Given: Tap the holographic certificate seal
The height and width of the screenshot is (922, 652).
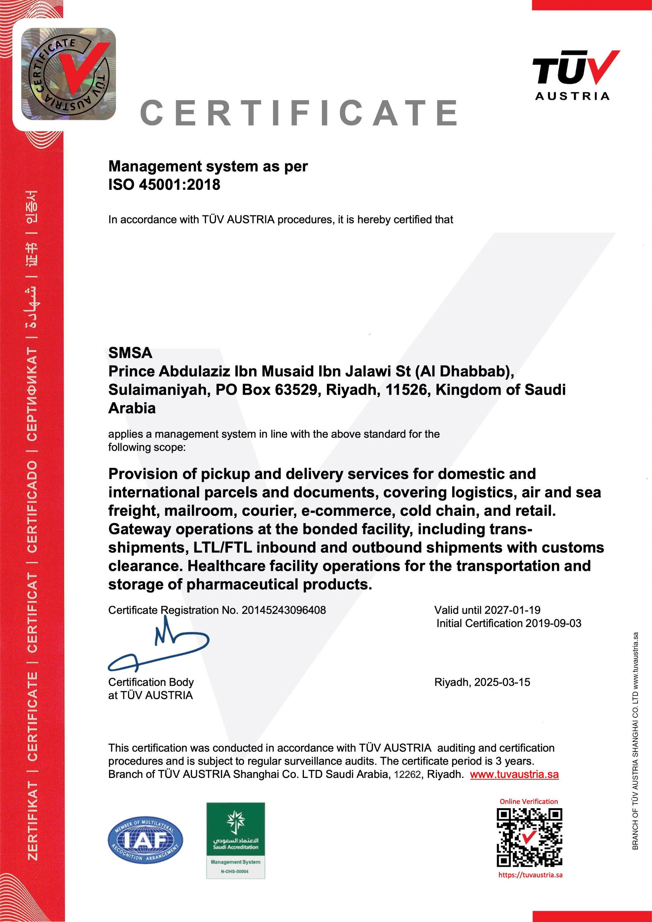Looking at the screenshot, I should click(x=68, y=74).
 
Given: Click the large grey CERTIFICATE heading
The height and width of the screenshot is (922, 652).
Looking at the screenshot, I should click(x=299, y=113).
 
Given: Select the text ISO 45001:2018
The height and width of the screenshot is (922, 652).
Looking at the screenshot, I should click(x=164, y=185).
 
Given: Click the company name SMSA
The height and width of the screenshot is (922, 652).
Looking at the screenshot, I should click(x=130, y=353).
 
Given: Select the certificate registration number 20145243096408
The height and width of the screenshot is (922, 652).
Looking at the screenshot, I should click(x=283, y=610).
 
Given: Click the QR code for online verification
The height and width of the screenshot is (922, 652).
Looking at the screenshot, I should click(x=529, y=837).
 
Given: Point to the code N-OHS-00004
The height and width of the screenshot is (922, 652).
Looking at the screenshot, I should click(x=235, y=872).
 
